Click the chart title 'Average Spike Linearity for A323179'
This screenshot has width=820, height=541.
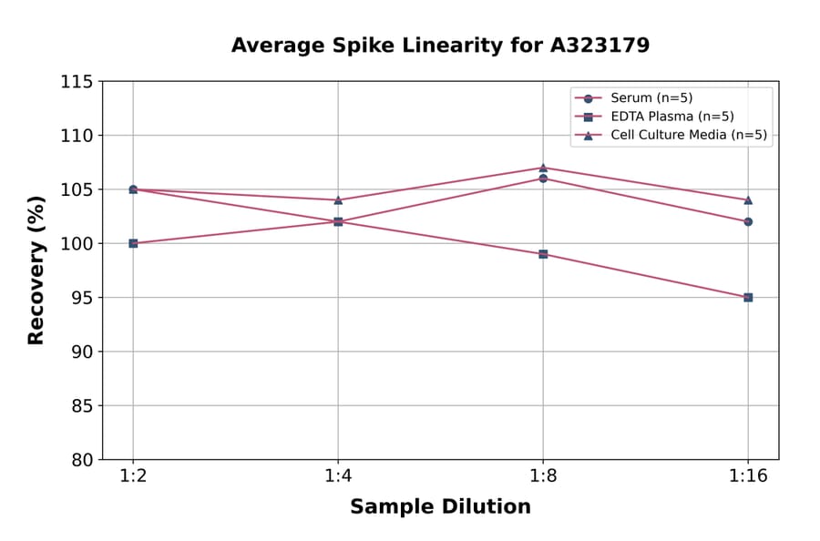(440, 46)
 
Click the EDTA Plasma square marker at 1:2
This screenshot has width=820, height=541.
(133, 243)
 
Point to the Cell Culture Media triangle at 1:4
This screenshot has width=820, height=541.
(338, 200)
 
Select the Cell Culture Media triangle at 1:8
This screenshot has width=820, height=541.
(543, 168)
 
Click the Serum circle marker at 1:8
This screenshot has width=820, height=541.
(543, 179)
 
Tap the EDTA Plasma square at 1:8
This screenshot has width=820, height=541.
(543, 254)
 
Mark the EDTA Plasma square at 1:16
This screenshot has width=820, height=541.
(748, 297)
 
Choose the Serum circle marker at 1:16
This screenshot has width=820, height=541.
(748, 221)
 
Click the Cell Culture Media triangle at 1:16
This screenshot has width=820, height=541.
(748, 200)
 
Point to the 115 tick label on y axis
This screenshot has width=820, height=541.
(77, 82)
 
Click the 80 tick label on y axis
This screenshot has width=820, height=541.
(82, 460)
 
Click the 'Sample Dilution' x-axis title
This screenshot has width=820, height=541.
(440, 507)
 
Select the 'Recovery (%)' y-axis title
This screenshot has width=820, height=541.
(36, 270)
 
